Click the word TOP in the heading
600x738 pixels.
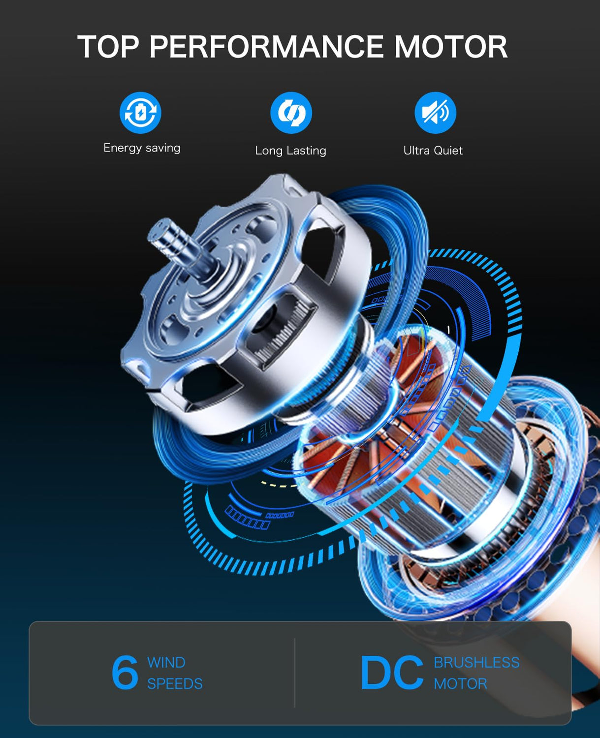[108, 46]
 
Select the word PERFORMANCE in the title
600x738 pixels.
[267, 46]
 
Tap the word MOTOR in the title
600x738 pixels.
[451, 46]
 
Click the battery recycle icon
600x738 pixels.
[140, 113]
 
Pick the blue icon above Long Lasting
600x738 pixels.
[291, 113]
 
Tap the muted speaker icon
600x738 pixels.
[435, 113]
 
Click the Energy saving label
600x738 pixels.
[142, 148]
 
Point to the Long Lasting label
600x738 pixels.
[291, 151]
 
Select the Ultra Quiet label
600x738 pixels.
[433, 151]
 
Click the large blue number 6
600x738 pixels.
[125, 673]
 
